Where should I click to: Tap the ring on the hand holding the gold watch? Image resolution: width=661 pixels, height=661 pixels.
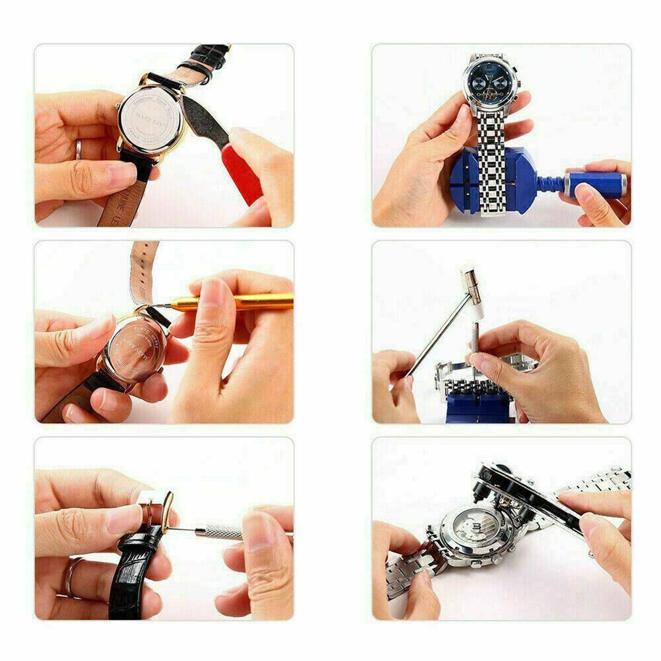point(78,149)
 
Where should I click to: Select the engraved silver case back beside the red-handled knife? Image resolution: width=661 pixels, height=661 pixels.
point(150,116)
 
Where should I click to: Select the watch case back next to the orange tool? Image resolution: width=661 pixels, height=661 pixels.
point(135,347)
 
